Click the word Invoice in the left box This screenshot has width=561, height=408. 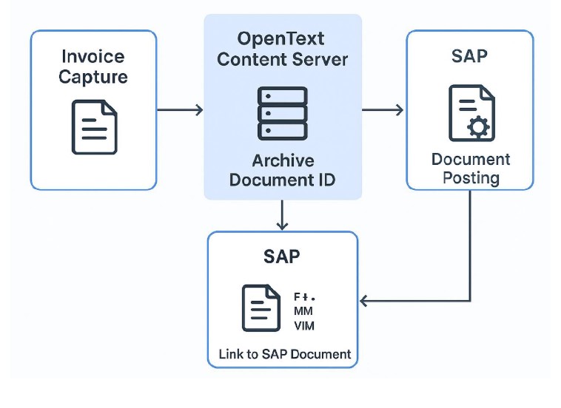click(x=94, y=57)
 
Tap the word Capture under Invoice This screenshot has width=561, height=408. click(x=94, y=77)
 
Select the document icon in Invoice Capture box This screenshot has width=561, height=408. click(x=94, y=126)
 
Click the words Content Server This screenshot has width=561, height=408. click(x=282, y=59)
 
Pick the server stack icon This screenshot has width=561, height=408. click(x=282, y=113)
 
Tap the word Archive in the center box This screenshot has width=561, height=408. click(x=283, y=160)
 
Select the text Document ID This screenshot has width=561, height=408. click(x=282, y=180)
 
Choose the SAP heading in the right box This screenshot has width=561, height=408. click(x=470, y=55)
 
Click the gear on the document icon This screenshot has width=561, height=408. click(x=480, y=127)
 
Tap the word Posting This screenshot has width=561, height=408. click(x=471, y=178)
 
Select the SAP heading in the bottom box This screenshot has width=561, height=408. click(x=282, y=256)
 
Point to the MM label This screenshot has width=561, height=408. click(x=303, y=311)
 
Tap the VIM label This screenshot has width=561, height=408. click(x=304, y=325)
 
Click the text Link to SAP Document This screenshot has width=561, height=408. click(x=284, y=354)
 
